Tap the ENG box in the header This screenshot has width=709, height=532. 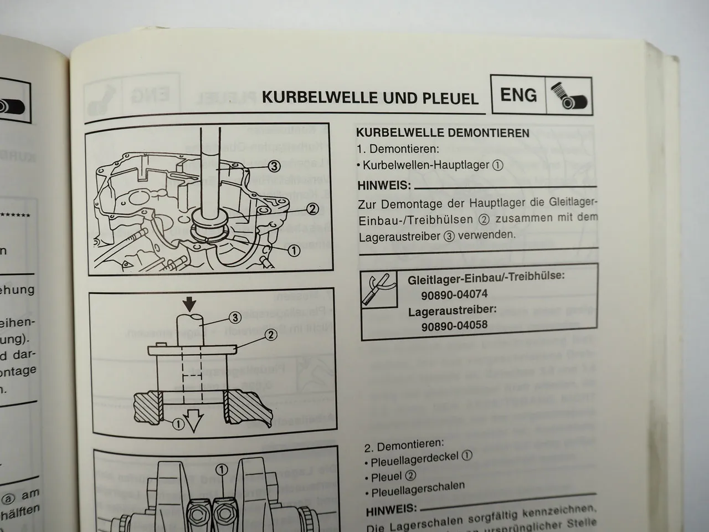(518, 95)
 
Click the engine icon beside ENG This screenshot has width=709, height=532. (569, 96)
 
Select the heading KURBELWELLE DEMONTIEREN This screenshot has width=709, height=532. (443, 133)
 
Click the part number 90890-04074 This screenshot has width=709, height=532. (454, 295)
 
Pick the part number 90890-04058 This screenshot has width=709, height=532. (454, 325)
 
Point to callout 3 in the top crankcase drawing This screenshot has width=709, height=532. (274, 165)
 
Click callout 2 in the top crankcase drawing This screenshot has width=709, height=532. (312, 208)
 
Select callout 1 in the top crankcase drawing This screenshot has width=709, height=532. (294, 250)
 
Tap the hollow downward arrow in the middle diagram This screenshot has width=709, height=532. (194, 424)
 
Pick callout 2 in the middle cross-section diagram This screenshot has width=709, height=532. (271, 334)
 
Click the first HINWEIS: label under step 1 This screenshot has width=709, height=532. (384, 185)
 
